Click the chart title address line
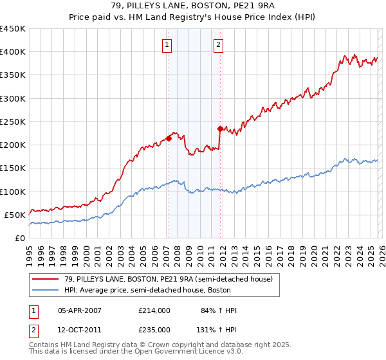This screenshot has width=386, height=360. [193, 5]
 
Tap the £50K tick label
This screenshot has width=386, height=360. [15, 215]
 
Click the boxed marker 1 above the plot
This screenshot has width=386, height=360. [167, 44]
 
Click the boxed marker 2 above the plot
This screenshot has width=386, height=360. [219, 44]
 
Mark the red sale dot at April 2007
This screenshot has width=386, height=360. [169, 138]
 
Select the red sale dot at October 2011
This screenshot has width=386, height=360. [220, 128]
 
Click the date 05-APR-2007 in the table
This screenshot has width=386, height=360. [80, 310]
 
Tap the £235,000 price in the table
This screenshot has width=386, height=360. [154, 329]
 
